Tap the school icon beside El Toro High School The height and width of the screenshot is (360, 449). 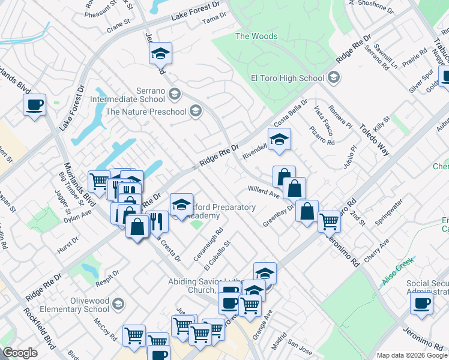333,77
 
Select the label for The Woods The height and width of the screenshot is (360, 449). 256,36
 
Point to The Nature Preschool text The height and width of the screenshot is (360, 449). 145,111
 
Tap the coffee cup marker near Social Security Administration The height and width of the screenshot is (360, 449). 421,302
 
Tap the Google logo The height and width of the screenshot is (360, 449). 20,353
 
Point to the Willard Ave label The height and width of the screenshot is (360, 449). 264,192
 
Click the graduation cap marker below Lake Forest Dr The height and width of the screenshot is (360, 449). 160,53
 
